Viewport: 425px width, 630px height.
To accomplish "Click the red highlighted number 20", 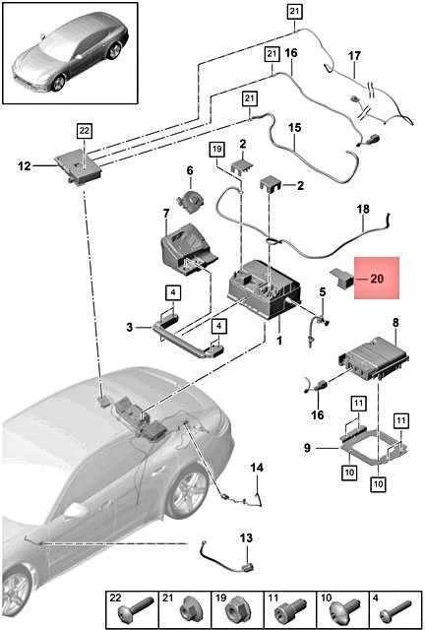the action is click(377, 279).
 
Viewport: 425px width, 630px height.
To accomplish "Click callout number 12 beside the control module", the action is click(24, 165).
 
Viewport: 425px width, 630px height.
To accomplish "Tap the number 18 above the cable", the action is click(363, 210).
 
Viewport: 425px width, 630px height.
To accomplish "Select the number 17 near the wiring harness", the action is click(354, 56).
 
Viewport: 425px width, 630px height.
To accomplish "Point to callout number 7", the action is click(166, 215).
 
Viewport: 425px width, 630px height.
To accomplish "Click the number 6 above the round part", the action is click(190, 170).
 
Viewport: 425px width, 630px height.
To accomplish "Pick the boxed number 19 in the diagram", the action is click(216, 150).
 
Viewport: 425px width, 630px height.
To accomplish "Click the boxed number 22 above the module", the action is click(85, 131).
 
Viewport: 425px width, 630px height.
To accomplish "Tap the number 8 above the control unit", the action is click(395, 322).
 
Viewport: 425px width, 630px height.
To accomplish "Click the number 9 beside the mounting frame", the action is click(307, 448).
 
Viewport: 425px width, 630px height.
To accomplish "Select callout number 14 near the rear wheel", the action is click(257, 468).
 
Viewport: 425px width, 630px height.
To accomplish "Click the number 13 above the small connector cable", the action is click(246, 538).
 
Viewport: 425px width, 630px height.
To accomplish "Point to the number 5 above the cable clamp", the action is click(323, 292).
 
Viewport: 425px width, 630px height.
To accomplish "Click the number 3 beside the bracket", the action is click(129, 328).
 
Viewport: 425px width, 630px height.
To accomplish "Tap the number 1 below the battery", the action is click(279, 342).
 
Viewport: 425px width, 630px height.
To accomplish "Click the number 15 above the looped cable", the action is click(294, 128).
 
